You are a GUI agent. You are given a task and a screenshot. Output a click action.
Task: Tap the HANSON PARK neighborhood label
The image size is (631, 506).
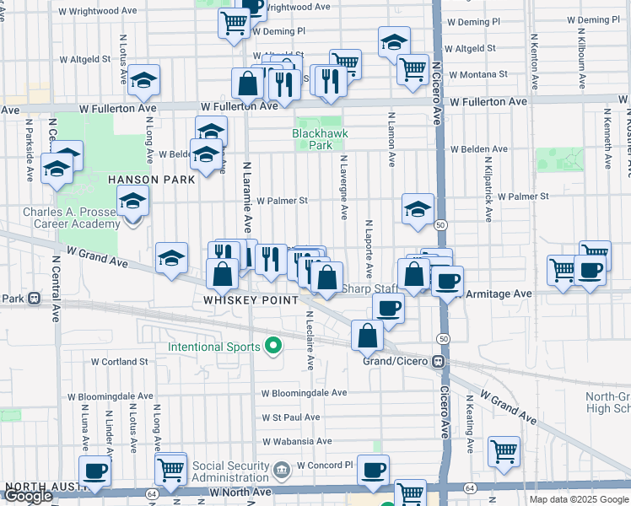pyautogui.click(x=152, y=180)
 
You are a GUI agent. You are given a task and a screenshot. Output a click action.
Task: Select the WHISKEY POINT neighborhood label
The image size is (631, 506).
pyautogui.click(x=251, y=300)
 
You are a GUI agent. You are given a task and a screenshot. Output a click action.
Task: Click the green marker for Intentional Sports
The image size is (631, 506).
pyautogui.click(x=272, y=346)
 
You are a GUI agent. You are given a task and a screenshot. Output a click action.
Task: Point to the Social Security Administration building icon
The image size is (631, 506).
pyautogui.click(x=282, y=467)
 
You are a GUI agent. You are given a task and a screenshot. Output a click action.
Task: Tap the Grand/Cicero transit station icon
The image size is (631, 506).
pyautogui.click(x=438, y=361)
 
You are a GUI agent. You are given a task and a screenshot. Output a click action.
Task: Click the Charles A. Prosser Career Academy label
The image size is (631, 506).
pyautogui.click(x=72, y=218)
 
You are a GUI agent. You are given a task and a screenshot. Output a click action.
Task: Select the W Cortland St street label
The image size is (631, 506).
pyautogui.click(x=120, y=361)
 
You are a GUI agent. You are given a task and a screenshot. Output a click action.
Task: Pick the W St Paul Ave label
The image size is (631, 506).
pyautogui.click(x=291, y=417)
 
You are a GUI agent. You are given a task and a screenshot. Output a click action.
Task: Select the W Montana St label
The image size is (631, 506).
pyautogui.click(x=478, y=75)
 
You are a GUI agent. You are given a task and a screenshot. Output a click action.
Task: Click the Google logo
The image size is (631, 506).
pyautogui.click(x=28, y=497)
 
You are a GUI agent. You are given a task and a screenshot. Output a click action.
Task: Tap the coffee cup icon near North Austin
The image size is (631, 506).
pyautogui.click(x=94, y=471)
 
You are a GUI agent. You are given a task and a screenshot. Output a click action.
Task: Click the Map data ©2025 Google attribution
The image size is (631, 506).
pyautogui.click(x=578, y=499)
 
